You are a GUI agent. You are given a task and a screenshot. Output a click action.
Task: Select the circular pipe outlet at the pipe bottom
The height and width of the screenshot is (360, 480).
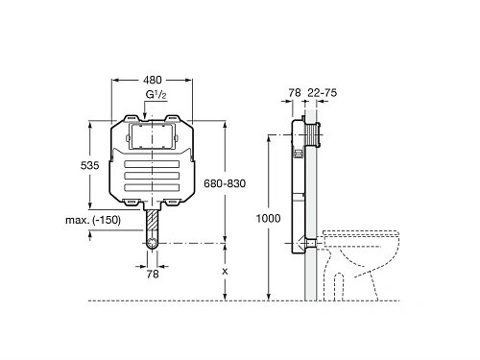pos(153,244)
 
